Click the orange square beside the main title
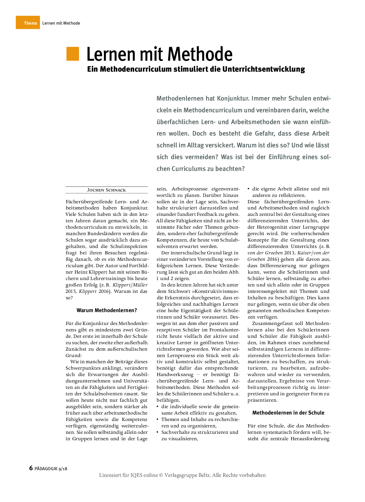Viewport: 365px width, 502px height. click(x=73, y=54)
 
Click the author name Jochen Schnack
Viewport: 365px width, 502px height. click(x=106, y=190)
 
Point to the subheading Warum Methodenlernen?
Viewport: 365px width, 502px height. click(x=107, y=311)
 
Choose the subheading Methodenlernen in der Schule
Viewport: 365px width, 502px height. click(x=288, y=413)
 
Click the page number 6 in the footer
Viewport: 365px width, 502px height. click(x=31, y=468)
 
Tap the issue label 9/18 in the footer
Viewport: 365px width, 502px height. click(x=63, y=469)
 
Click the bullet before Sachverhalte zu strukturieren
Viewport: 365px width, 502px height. click(x=158, y=432)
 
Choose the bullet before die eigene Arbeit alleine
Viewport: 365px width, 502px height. click(x=249, y=189)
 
